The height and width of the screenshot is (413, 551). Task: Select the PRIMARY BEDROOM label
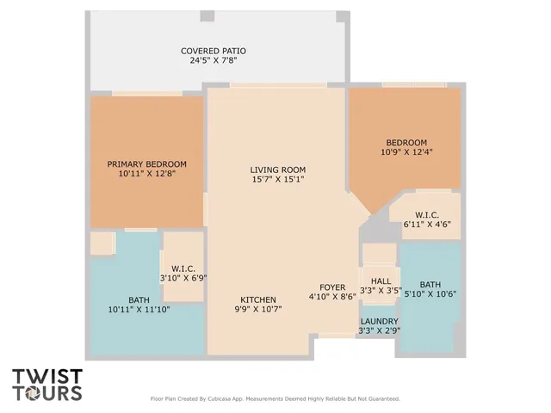146,163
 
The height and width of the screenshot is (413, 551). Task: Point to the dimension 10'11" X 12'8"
146,174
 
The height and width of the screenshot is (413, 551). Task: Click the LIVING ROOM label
277,170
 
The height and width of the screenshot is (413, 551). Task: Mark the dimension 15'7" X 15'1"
277,180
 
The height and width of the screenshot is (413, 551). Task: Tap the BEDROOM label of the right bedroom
406,142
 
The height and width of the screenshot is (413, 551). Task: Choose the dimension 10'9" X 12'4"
406,152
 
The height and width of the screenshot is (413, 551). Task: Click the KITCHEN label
258,300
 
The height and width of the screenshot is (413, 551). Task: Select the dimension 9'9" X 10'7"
258,311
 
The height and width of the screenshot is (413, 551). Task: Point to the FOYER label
332,287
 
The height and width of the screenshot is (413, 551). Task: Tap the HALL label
381,280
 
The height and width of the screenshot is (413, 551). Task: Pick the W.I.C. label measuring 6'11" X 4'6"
427,214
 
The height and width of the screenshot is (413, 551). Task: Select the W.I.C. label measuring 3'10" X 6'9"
182,268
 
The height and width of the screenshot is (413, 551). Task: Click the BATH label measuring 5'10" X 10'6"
430,285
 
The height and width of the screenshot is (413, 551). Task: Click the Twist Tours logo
47,385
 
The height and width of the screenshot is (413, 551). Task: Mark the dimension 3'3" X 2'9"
380,330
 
